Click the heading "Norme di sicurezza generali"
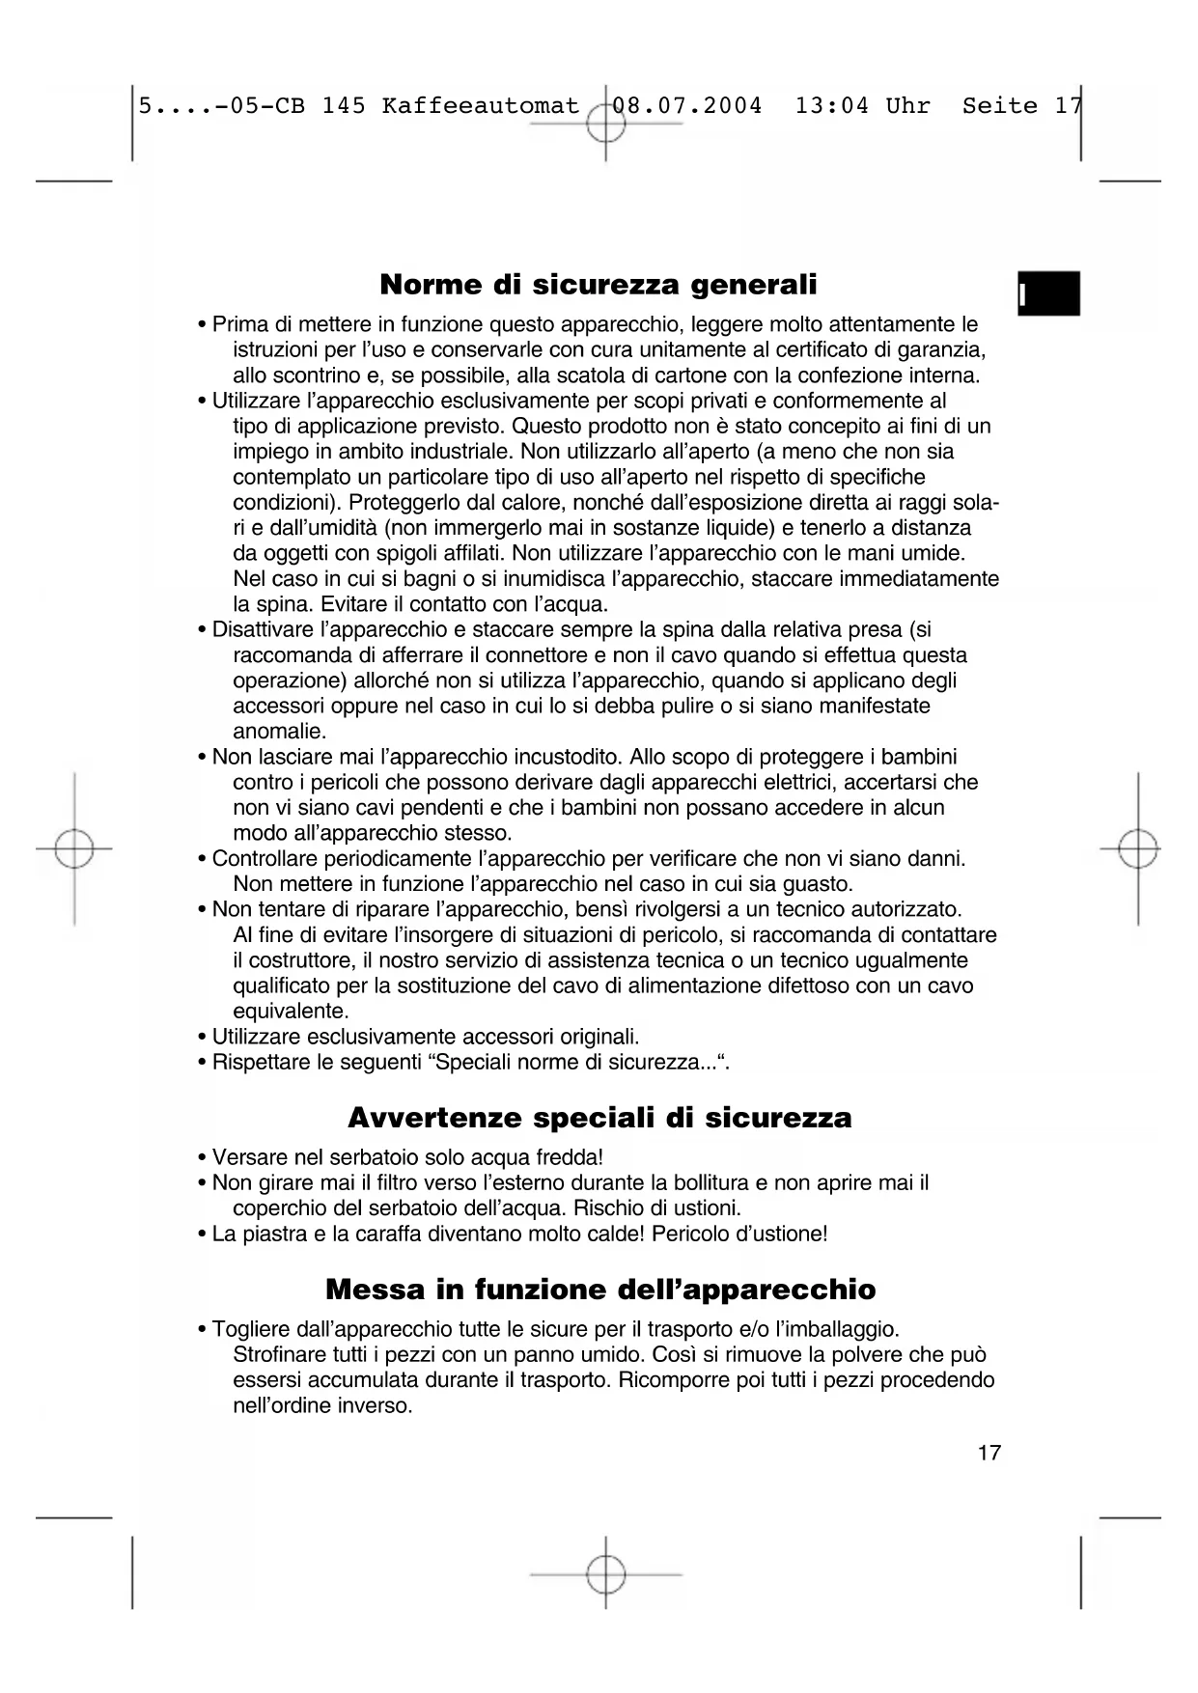coord(599,285)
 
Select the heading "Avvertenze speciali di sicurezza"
coord(599,1118)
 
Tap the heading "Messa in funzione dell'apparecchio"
coord(600,1290)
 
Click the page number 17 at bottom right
coord(989,1452)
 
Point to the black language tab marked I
coord(1048,293)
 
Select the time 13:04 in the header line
coord(832,105)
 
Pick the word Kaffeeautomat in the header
coord(481,105)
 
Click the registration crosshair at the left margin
coord(74,849)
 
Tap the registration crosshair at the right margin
coord(1139,849)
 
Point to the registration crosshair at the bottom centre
coord(605,1573)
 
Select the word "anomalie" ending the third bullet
coord(278,732)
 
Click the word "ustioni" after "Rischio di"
coord(708,1208)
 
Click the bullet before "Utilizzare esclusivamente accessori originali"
coord(202,1038)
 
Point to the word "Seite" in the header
coord(1000,105)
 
